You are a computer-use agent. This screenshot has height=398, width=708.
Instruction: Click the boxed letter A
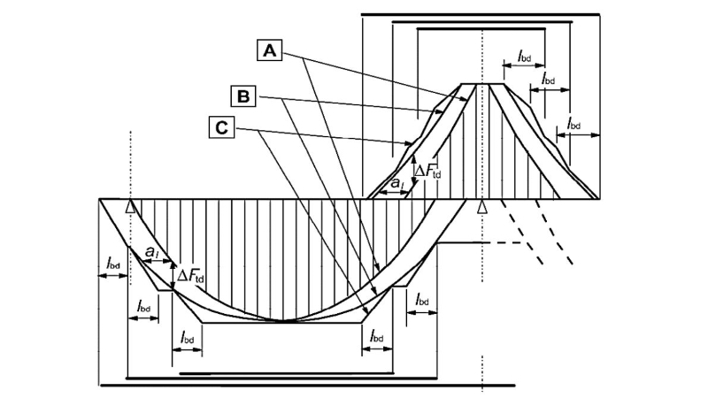pos(270,50)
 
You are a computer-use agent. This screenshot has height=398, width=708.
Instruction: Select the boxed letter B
pos(243,96)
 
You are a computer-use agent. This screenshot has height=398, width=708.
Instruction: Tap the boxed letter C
pos(222,127)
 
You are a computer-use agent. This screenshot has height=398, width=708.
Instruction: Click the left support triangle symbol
pos(130,206)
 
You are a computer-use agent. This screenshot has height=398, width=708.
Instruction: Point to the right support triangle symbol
pos(482,206)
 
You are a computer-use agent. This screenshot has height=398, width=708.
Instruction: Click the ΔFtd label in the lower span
pos(190,276)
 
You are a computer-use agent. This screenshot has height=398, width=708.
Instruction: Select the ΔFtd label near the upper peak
pos(427,171)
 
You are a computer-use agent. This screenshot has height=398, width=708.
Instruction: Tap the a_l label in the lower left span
pos(151,252)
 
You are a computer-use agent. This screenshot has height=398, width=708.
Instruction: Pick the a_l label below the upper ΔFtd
pos(396,183)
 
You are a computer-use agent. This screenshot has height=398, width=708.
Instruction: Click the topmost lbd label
pos(524,57)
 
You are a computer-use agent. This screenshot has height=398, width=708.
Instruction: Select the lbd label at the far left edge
pos(113,263)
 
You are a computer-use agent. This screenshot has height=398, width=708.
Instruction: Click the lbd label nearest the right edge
pos(573,123)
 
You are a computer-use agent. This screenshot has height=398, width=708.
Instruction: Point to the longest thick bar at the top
pos(481,14)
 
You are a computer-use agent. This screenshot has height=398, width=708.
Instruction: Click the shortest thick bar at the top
pos(481,29)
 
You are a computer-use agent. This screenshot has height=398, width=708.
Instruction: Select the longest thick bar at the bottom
pos(307,386)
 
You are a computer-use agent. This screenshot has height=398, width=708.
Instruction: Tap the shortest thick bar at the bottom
pos(287,373)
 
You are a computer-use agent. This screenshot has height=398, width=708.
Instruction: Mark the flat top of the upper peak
pos(482,84)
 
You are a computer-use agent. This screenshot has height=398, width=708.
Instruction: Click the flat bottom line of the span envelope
pos(281,323)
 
